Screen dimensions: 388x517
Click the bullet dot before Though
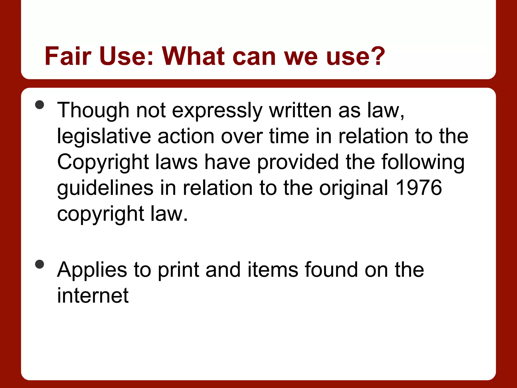pyautogui.click(x=40, y=105)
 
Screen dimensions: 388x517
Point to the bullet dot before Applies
pyautogui.click(x=40, y=264)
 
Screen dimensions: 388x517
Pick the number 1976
pyautogui.click(x=419, y=188)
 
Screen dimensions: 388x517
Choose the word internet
pyautogui.click(x=93, y=295)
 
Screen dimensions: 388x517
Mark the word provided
pyautogui.click(x=298, y=162)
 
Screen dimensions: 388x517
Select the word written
pyautogui.click(x=300, y=110)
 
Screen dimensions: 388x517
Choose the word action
pyautogui.click(x=186, y=136)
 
